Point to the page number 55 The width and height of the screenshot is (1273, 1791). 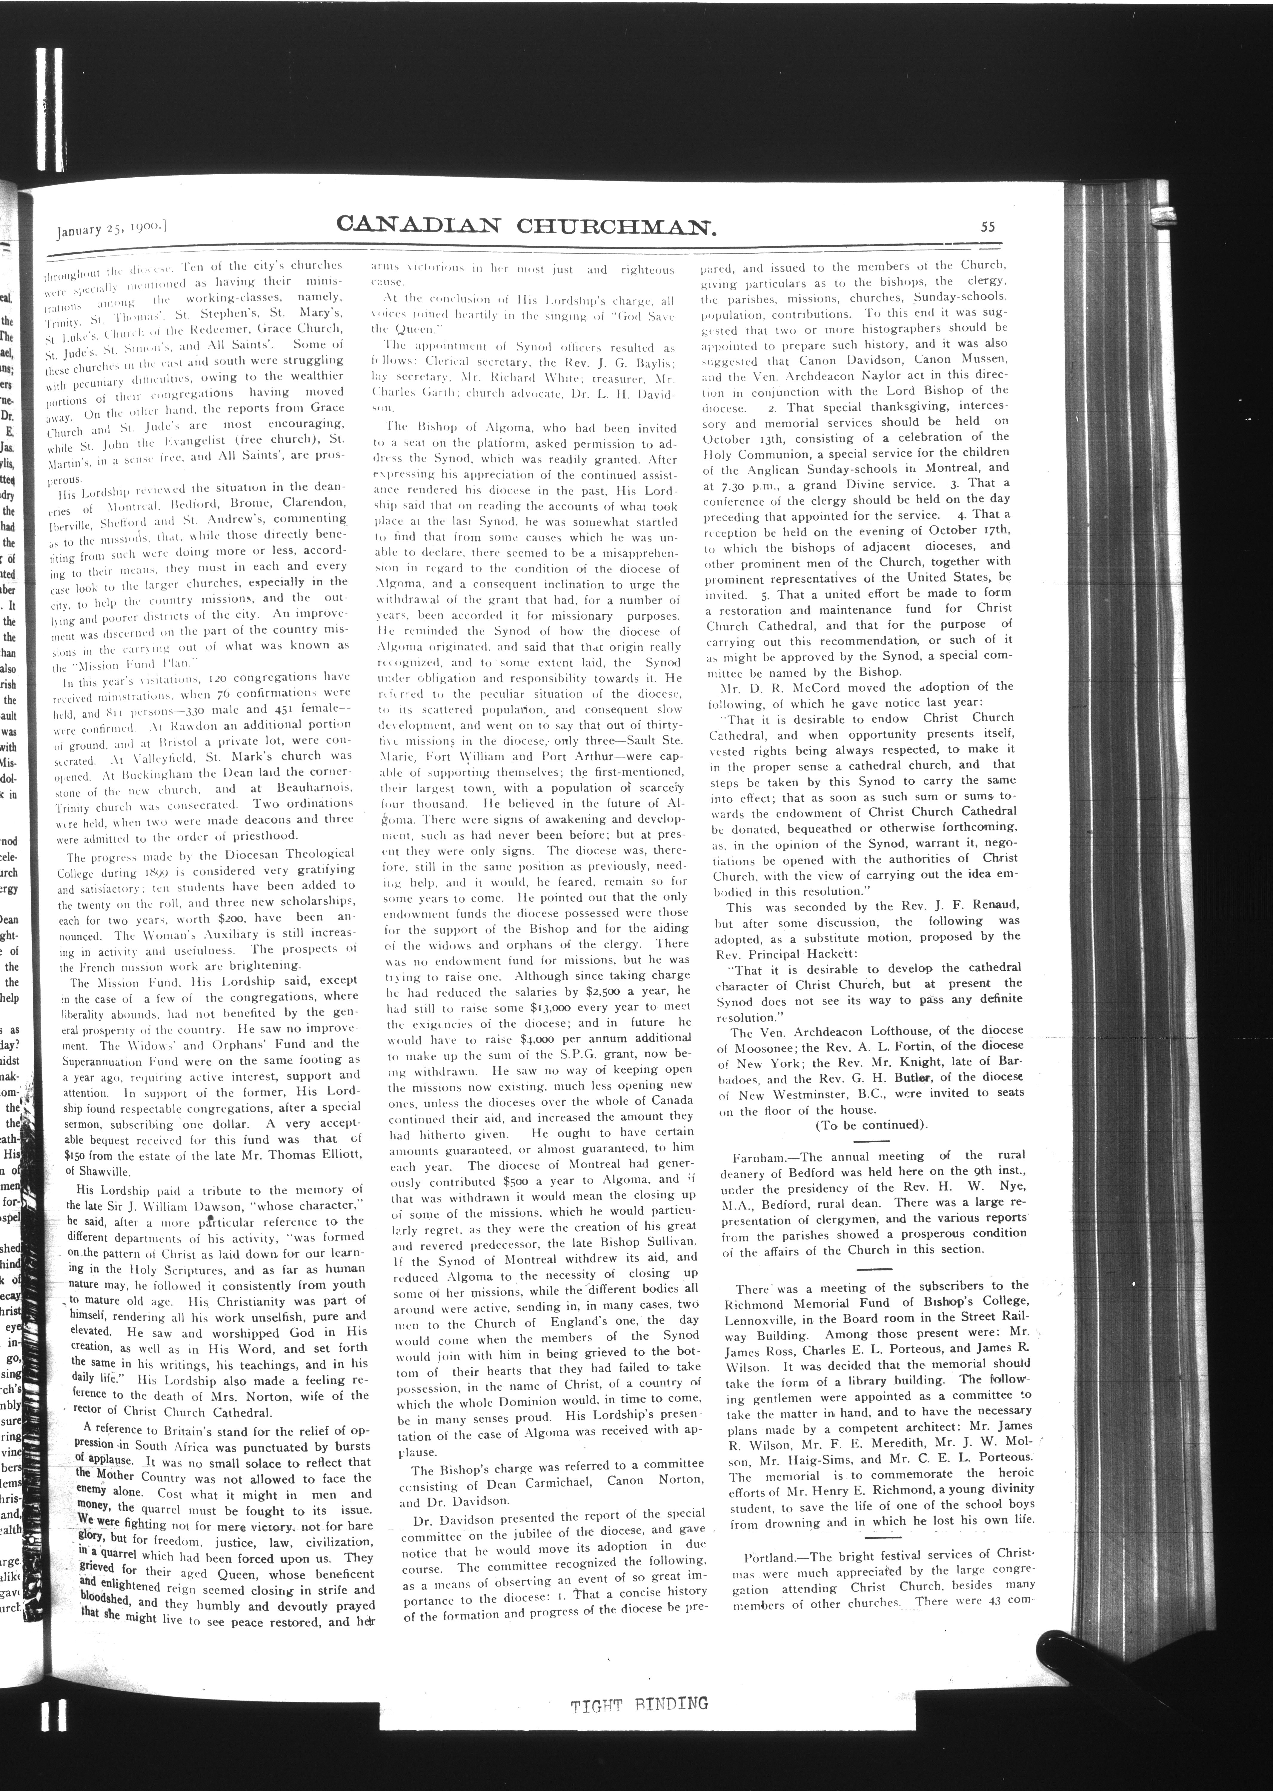(x=987, y=226)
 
